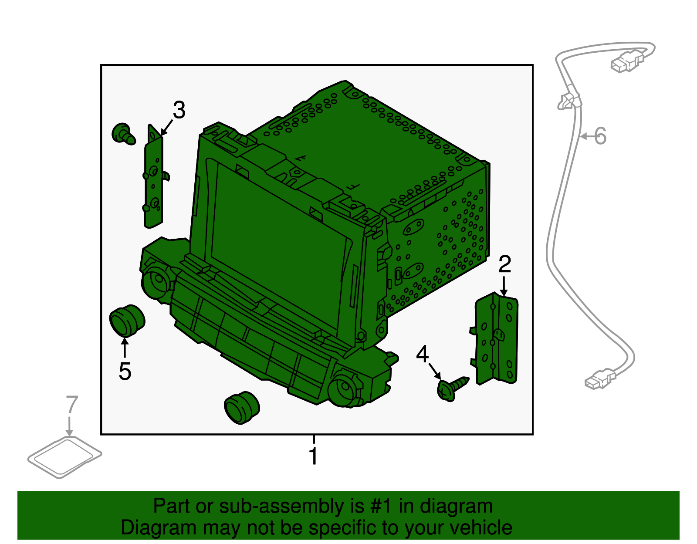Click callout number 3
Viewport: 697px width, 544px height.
(179, 110)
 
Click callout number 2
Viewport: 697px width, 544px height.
(504, 264)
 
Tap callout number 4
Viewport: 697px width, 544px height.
(422, 354)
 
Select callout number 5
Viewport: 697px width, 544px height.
(125, 371)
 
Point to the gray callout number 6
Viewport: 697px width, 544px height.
(600, 136)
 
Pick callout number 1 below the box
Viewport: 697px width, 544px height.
(313, 456)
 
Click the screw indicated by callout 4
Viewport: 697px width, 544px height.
(451, 388)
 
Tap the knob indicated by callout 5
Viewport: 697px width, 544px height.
(126, 321)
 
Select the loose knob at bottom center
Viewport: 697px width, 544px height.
(242, 407)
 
